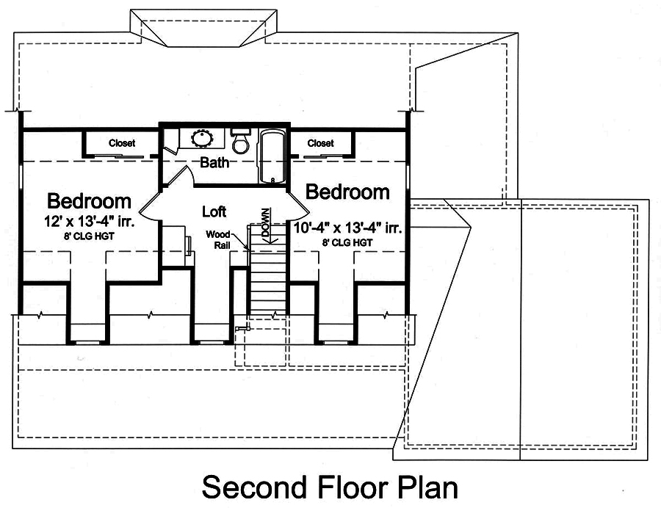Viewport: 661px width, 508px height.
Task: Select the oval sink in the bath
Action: click(x=201, y=137)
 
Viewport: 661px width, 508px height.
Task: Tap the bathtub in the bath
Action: click(x=272, y=156)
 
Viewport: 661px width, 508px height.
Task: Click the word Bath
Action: click(x=214, y=163)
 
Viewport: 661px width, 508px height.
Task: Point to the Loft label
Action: click(x=214, y=212)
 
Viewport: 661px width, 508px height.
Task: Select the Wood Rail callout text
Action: click(x=218, y=240)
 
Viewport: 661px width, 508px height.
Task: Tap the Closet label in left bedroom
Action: click(x=122, y=143)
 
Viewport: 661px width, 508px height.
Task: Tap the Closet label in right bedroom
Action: click(x=320, y=143)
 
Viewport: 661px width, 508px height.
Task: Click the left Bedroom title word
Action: click(x=90, y=200)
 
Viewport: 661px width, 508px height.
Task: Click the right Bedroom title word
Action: click(x=347, y=192)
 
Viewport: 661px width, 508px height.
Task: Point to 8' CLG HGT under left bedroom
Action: click(x=90, y=236)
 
